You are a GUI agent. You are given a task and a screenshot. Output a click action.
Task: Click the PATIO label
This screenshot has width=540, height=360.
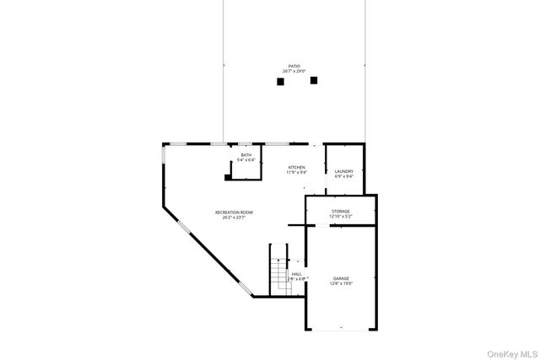point(294,66)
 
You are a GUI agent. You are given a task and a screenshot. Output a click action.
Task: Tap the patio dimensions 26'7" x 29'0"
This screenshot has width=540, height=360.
point(294,71)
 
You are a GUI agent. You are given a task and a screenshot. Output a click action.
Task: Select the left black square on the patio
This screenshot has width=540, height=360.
point(280,82)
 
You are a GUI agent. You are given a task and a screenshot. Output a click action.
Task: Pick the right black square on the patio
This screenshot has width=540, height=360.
point(314,80)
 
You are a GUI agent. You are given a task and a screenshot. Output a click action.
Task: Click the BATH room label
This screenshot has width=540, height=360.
point(246,155)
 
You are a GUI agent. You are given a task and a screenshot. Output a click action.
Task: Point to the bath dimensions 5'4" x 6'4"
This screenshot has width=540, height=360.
point(246,160)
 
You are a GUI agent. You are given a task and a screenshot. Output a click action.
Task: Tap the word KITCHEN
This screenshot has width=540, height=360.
point(296,168)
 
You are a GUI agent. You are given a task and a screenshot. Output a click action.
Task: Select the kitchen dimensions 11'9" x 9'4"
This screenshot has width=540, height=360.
point(296,173)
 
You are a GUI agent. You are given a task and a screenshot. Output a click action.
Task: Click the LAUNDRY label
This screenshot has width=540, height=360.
point(344,171)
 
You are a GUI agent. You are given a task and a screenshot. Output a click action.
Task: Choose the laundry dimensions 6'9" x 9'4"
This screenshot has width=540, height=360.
point(344,177)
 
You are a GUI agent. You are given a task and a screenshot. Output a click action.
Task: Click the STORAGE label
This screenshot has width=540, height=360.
point(340,211)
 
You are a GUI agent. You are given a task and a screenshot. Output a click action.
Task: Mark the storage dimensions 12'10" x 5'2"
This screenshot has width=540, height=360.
point(340,217)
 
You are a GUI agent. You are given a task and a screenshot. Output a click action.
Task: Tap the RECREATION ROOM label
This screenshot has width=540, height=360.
point(234,212)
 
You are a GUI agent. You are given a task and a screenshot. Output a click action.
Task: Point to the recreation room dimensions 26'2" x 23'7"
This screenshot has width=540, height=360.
point(234,218)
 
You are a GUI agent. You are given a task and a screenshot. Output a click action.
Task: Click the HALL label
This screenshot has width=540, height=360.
point(297,273)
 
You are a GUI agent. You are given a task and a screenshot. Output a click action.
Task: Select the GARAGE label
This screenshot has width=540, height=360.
point(341,278)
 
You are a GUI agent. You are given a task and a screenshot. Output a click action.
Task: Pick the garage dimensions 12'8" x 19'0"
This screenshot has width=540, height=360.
point(341,283)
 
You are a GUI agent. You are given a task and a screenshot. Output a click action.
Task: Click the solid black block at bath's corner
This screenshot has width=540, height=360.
point(228,177)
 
